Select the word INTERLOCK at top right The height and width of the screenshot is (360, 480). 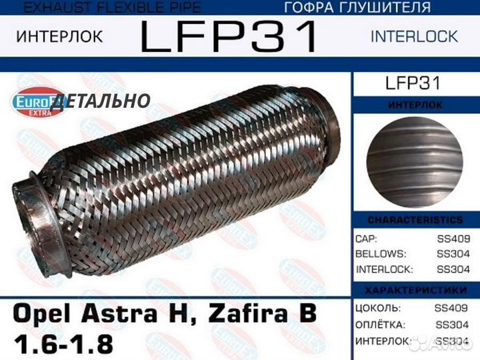pyautogui.click(x=414, y=36)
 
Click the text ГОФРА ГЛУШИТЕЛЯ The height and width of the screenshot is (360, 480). pyautogui.click(x=357, y=8)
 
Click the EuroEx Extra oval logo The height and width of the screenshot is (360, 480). pyautogui.click(x=37, y=102)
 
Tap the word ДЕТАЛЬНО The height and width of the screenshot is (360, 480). pyautogui.click(x=100, y=101)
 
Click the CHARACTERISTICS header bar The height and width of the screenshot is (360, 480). pyautogui.click(x=415, y=220)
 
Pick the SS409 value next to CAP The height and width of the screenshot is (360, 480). pyautogui.click(x=452, y=239)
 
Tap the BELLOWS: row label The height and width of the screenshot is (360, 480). pyautogui.click(x=381, y=254)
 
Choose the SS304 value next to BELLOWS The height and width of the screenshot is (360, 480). pyautogui.click(x=452, y=254)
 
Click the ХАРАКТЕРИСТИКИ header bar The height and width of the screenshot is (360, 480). pyautogui.click(x=415, y=291)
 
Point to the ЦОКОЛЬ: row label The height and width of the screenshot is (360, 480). pyautogui.click(x=379, y=308)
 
